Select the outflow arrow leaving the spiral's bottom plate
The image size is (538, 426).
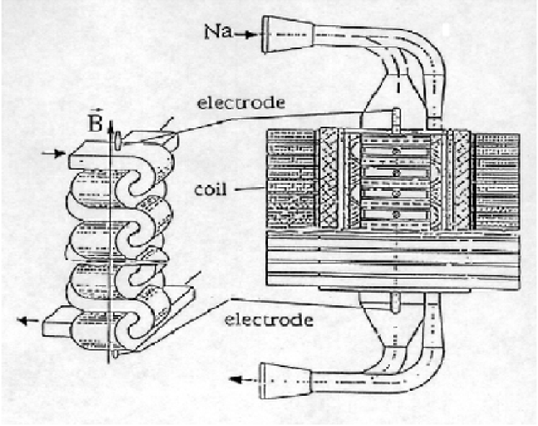click(30, 320)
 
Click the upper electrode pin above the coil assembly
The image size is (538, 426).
click(395, 119)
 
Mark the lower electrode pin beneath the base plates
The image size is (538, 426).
click(395, 302)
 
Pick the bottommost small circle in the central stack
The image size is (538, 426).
click(395, 214)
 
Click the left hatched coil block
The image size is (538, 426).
click(292, 180)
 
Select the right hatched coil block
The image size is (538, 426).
click(498, 180)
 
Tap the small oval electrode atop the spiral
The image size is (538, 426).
click(117, 136)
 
